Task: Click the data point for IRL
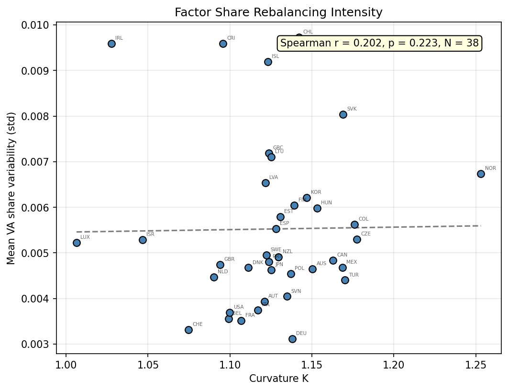click(x=111, y=44)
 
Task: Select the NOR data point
click(x=481, y=174)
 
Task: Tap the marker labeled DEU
click(x=292, y=339)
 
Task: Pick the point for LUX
click(x=77, y=243)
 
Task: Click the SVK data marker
click(x=343, y=114)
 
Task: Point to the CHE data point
click(x=188, y=330)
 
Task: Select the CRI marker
click(x=223, y=44)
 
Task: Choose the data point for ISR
click(x=143, y=240)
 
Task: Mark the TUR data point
click(x=345, y=280)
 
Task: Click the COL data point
click(x=354, y=224)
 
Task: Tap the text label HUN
click(x=326, y=203)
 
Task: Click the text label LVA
click(x=273, y=178)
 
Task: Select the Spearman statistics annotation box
click(x=379, y=44)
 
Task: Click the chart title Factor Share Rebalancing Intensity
click(x=278, y=12)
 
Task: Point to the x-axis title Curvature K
click(x=278, y=379)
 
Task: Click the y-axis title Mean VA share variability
click(x=11, y=188)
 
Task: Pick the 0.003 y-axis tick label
click(x=36, y=344)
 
